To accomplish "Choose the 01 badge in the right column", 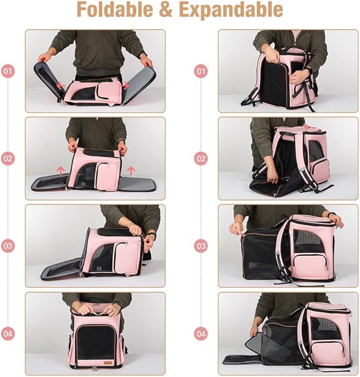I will coord(200,70).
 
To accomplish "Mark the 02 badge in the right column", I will coord(200,158).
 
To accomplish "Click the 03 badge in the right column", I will coord(200,246).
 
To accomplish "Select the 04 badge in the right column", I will coord(200,334).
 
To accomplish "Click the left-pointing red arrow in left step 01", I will coord(62,85).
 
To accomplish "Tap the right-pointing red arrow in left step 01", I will coord(126,85).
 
